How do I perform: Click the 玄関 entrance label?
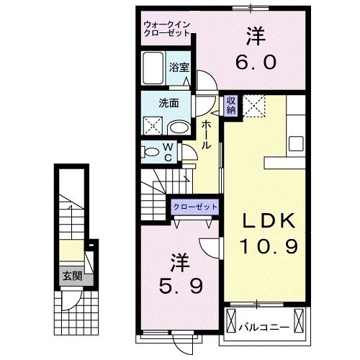point(72,276)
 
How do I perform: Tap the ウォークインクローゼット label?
point(167,29)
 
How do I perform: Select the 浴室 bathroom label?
point(179,68)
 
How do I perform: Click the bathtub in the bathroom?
point(153,68)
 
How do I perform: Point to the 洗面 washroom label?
point(168,103)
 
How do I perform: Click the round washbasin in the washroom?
point(179,128)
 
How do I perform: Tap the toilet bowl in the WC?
point(151,152)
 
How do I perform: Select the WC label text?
point(168,152)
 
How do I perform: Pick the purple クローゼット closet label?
point(195,207)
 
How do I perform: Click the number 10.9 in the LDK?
point(269,246)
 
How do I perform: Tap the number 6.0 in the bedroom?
point(256,62)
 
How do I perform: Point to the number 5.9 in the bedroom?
point(181,287)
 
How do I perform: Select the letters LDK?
point(269,221)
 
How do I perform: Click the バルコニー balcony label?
point(264,327)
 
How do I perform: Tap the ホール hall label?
point(206,135)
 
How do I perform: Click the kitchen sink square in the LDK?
point(296,143)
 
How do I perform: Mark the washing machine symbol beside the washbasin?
point(153,126)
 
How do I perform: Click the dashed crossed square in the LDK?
point(254,106)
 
